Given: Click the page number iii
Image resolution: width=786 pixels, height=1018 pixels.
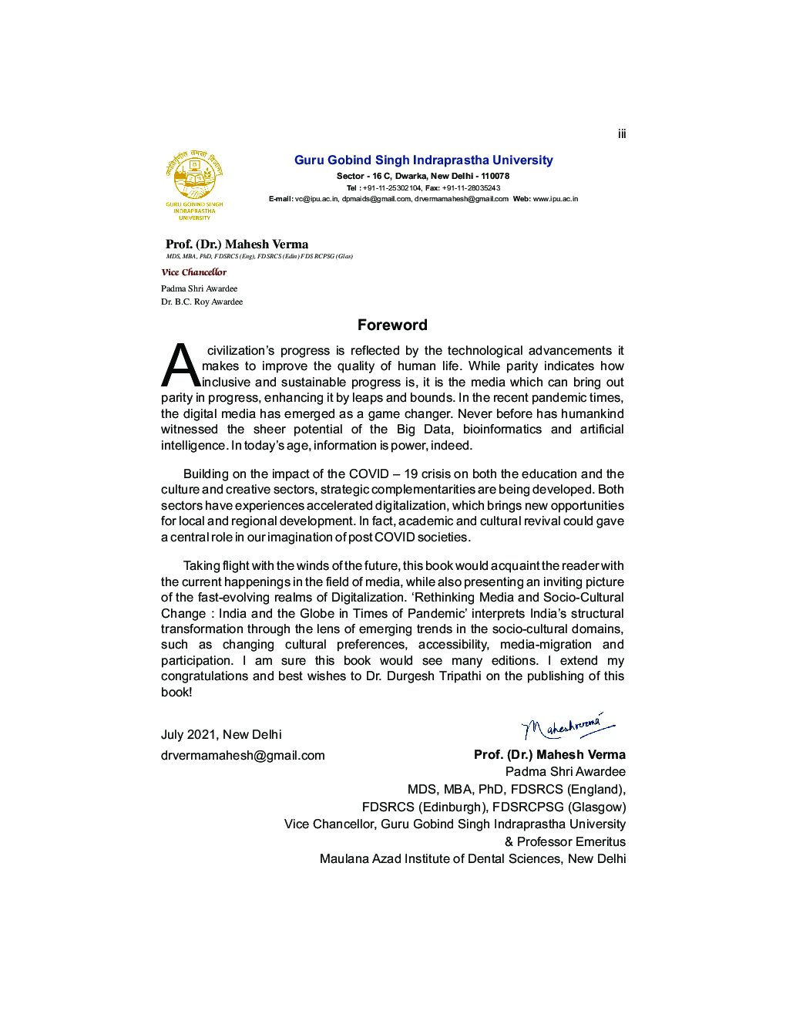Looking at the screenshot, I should pyautogui.click(x=621, y=134).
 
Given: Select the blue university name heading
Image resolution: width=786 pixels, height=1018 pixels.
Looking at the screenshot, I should pyautogui.click(x=423, y=160).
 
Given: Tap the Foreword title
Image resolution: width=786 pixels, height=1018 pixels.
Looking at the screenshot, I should pyautogui.click(x=392, y=325).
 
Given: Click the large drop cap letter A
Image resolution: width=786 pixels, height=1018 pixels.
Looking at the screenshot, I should pyautogui.click(x=180, y=366).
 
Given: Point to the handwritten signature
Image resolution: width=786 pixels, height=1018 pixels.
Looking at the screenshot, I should pyautogui.click(x=567, y=726).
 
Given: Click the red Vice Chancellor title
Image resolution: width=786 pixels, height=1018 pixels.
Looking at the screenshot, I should pyautogui.click(x=194, y=272).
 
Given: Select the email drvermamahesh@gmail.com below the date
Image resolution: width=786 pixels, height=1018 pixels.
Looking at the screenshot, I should pyautogui.click(x=243, y=756).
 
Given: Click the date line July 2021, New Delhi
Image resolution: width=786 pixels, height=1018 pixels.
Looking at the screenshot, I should pyautogui.click(x=221, y=735).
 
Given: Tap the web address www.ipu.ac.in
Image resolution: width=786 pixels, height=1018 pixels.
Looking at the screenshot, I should pyautogui.click(x=555, y=199).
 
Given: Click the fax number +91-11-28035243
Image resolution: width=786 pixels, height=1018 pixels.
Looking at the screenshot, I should pyautogui.click(x=471, y=188).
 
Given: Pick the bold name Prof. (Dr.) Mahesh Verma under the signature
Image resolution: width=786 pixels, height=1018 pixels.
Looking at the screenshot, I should pyautogui.click(x=549, y=755).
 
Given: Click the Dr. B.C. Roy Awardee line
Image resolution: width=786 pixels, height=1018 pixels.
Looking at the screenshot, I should pyautogui.click(x=202, y=302).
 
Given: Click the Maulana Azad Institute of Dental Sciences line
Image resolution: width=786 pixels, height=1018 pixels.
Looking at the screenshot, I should pyautogui.click(x=472, y=859).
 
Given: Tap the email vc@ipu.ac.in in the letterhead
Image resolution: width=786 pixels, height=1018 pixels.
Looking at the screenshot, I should pyautogui.click(x=316, y=199).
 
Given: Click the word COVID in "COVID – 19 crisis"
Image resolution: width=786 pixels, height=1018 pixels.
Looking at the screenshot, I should pyautogui.click(x=368, y=474).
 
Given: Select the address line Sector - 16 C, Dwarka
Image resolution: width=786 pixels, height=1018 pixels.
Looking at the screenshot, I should pyautogui.click(x=423, y=177).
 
